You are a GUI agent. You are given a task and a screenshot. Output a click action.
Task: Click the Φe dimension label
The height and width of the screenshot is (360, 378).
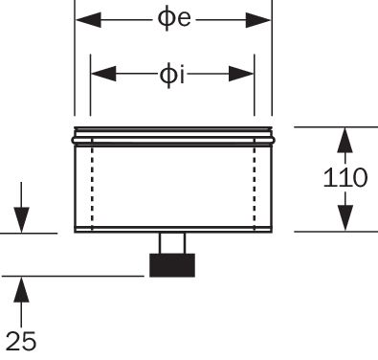[174, 18]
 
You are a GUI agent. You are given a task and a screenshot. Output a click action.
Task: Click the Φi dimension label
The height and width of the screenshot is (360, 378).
[171, 76]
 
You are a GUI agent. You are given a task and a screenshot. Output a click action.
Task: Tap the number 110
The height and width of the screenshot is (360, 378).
[345, 177]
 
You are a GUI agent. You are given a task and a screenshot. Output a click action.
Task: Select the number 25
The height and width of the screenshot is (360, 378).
[21, 341]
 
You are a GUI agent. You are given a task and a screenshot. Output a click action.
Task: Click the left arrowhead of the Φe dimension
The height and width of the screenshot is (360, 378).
[89, 20]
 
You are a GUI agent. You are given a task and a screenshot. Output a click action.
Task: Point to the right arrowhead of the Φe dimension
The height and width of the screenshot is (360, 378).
[258, 20]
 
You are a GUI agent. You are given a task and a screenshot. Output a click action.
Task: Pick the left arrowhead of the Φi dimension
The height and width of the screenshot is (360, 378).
[103, 74]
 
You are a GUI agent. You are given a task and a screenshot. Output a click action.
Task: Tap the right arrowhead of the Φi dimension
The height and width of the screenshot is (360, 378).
[241, 74]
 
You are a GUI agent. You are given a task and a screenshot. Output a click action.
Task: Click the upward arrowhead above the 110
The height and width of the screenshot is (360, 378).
[345, 140]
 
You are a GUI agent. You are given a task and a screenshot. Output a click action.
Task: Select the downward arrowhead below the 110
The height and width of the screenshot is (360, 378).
[345, 217]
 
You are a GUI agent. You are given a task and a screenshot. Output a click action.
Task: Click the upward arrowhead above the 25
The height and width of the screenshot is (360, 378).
[21, 289]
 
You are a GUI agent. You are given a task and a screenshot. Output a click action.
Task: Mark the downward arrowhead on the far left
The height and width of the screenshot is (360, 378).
[21, 220]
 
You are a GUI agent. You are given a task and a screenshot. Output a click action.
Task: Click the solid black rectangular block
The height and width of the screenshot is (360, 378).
[172, 265]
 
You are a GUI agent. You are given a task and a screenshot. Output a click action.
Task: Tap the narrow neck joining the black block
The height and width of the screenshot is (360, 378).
[172, 243]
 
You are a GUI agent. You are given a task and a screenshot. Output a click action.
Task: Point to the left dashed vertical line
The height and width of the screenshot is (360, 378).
[92, 184]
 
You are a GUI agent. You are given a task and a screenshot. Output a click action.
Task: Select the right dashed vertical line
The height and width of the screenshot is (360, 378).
[255, 184]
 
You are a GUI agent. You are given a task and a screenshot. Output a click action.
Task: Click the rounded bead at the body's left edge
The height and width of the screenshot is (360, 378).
[74, 140]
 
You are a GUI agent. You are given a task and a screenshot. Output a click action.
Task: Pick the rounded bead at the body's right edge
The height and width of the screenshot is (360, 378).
[273, 140]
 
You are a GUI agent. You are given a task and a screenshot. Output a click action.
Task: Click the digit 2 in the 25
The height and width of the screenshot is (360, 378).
[13, 341]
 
